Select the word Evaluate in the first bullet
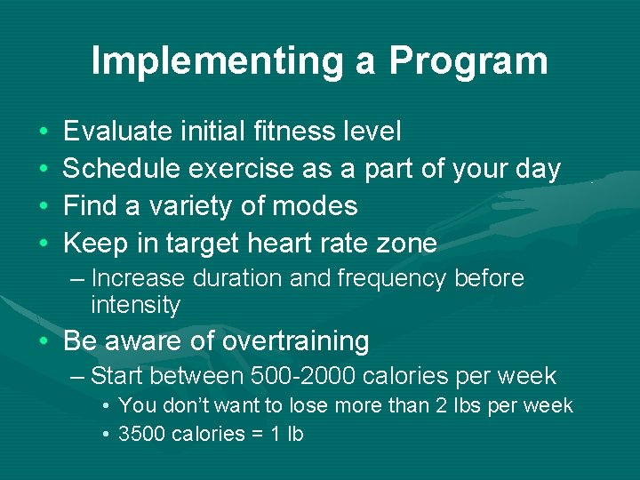click(x=117, y=132)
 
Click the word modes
click(x=319, y=205)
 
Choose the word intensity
click(x=135, y=306)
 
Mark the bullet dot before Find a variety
click(x=44, y=206)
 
